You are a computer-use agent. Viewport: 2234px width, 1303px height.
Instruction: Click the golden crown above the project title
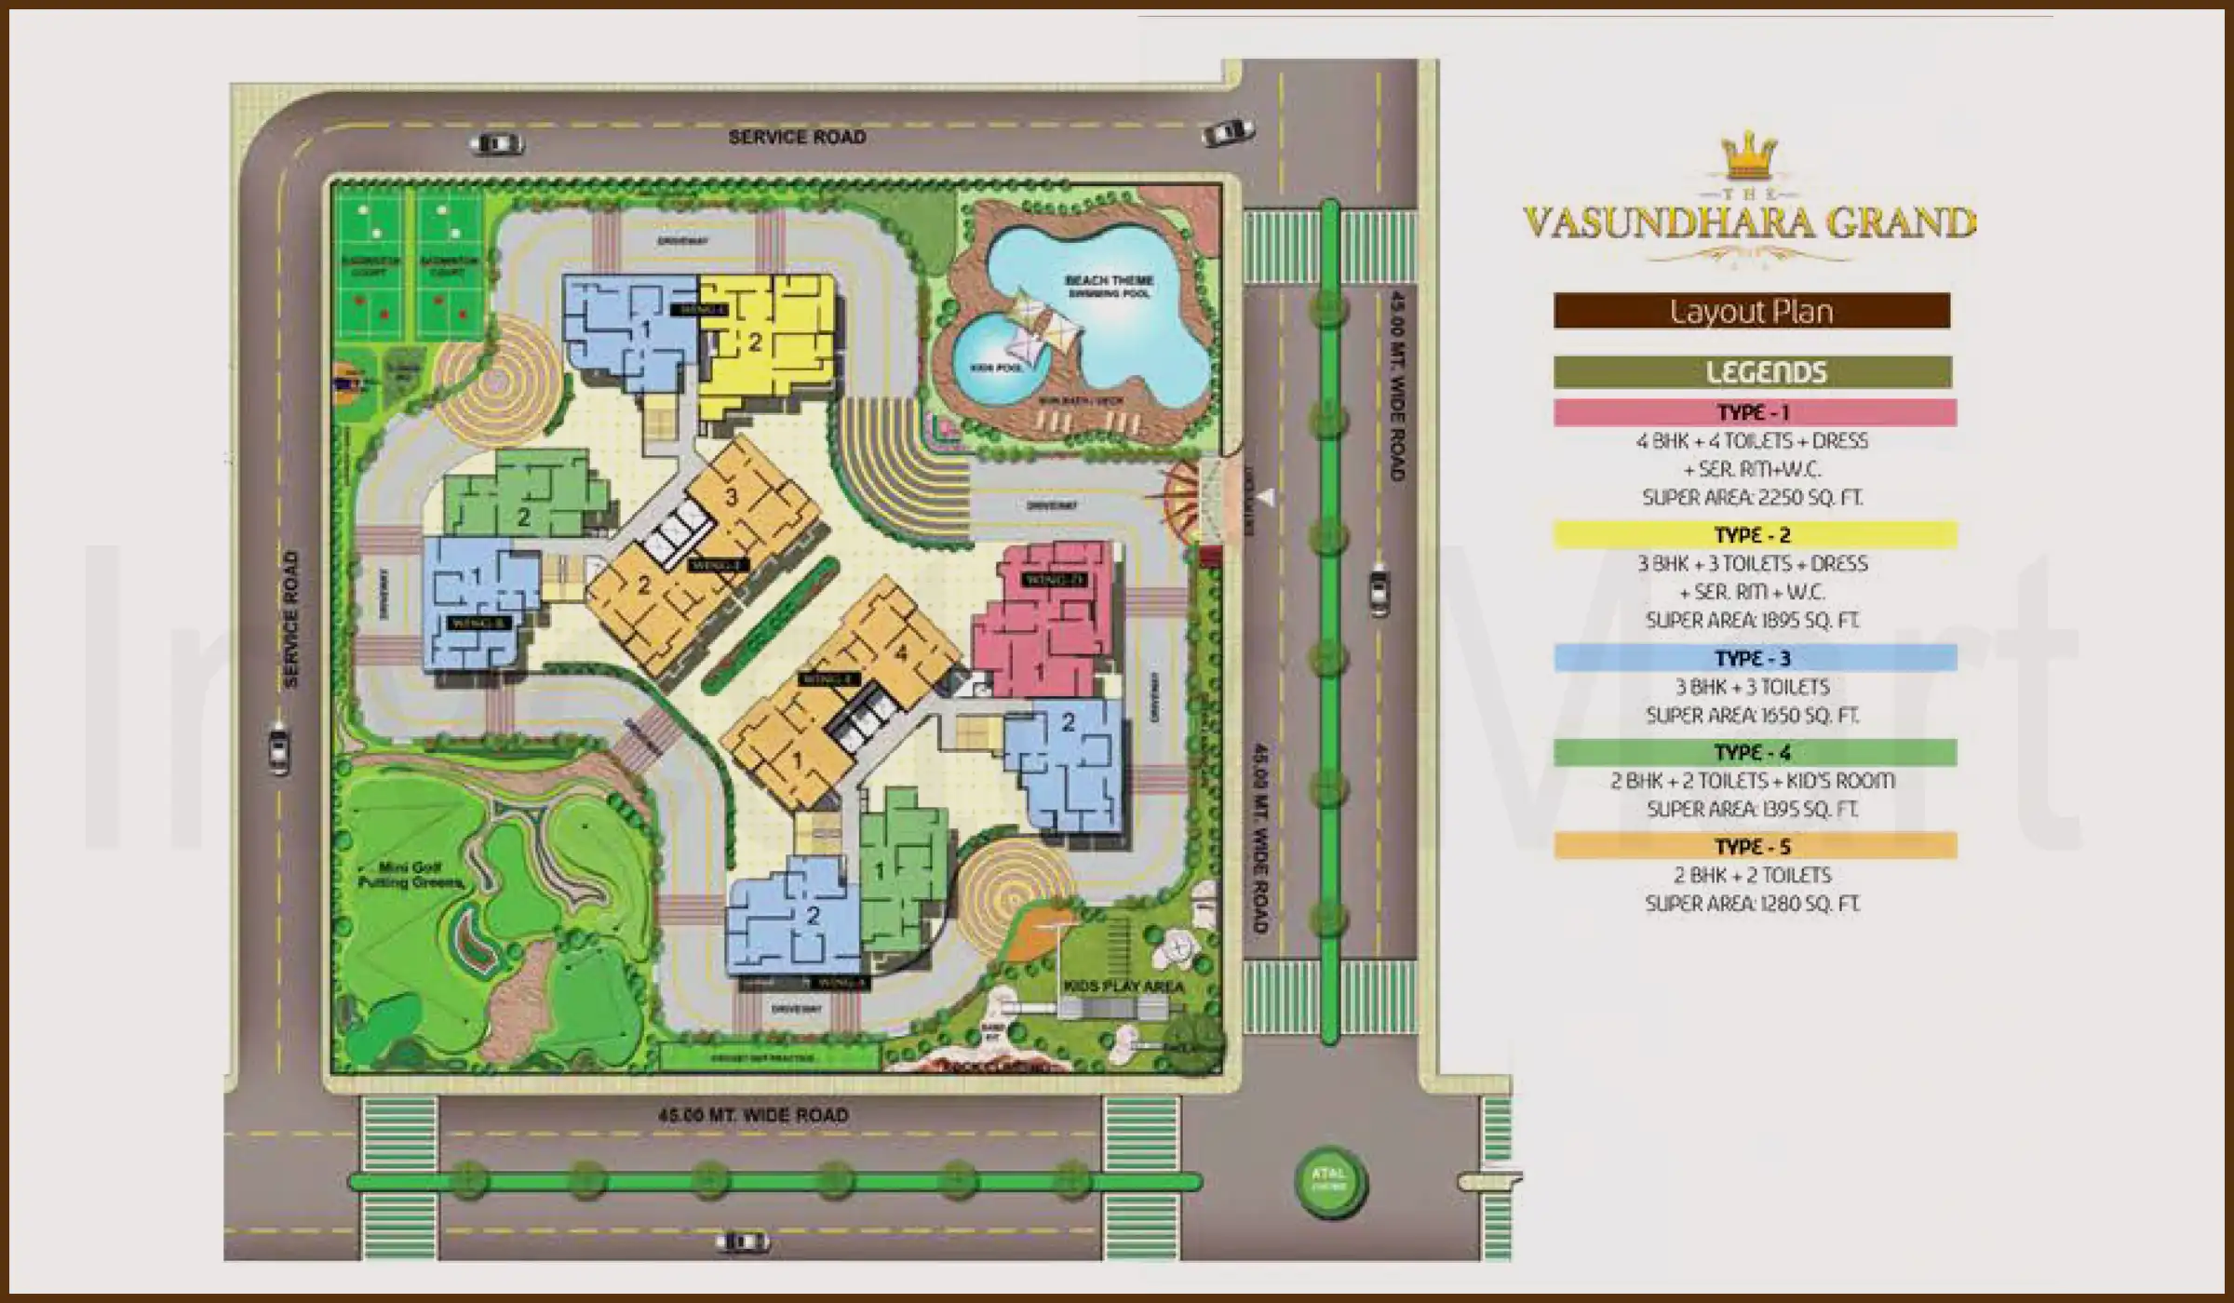[1749, 155]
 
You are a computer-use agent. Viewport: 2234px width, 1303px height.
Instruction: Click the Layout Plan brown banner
[1751, 311]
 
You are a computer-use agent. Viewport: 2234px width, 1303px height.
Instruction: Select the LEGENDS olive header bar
[1752, 372]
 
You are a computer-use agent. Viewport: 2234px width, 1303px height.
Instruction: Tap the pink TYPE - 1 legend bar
[1755, 412]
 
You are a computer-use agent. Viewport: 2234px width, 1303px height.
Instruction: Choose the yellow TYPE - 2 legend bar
[1755, 535]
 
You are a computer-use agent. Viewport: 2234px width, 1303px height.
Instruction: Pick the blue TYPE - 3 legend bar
[1755, 658]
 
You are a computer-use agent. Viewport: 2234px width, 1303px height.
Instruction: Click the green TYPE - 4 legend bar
[1755, 752]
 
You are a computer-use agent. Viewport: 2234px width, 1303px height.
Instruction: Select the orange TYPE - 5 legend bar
[1755, 846]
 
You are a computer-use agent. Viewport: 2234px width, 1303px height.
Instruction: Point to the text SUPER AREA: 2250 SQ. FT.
[1752, 498]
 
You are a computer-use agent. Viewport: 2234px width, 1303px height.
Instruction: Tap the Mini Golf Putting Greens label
[410, 874]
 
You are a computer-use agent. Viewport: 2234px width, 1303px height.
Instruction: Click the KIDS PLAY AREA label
[1124, 986]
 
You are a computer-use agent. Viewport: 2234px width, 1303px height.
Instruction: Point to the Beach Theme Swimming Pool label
[1109, 286]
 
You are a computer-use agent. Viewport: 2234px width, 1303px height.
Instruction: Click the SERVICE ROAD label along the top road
[797, 138]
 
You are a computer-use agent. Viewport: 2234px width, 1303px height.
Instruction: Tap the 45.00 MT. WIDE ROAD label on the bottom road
[753, 1115]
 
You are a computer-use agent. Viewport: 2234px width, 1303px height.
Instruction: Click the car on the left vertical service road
[277, 746]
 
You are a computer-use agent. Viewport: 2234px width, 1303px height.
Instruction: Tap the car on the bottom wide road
[743, 1242]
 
